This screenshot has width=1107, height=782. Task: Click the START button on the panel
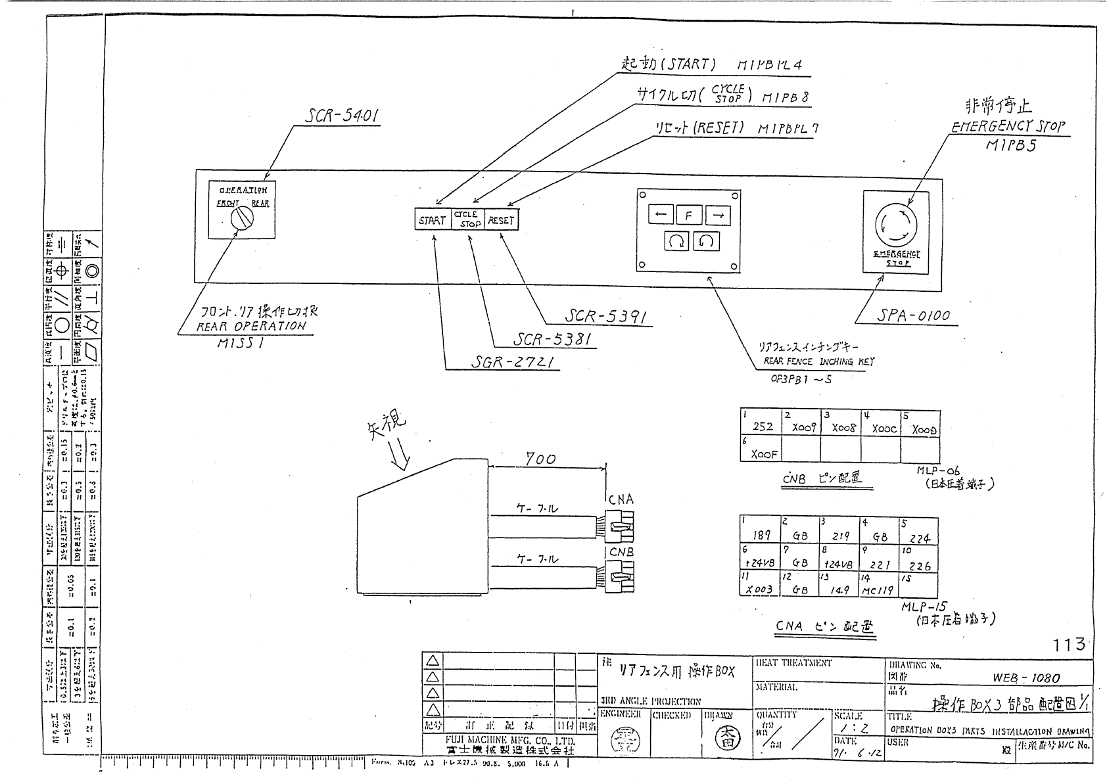pos(433,219)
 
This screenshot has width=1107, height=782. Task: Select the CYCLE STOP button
pos(467,219)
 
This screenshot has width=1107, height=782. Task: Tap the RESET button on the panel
pos(501,219)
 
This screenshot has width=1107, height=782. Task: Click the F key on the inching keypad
pos(689,215)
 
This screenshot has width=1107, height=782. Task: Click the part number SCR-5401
pos(342,117)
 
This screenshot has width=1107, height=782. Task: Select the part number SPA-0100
pos(913,315)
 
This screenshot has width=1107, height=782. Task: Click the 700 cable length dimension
pos(540,459)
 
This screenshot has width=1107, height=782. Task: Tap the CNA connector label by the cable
pos(621,499)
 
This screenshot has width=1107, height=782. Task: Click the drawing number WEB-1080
pos(1025,678)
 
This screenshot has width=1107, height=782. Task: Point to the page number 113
pos(1069,644)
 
